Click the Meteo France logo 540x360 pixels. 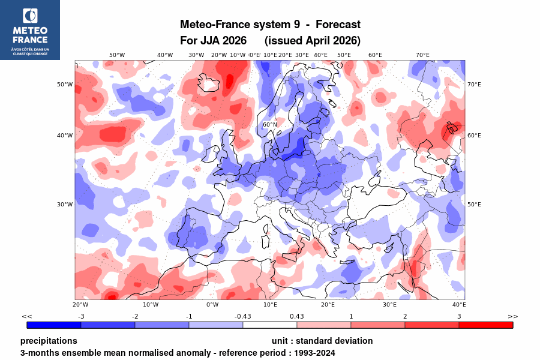tap(30, 29)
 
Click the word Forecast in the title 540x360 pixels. tap(338, 25)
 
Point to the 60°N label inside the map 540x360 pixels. tap(270, 125)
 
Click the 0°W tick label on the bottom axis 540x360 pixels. tap(212, 304)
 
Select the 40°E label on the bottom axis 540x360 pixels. tap(459, 304)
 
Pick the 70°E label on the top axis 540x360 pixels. tap(422, 55)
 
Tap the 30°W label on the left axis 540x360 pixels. tap(65, 204)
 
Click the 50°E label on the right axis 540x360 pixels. tap(474, 204)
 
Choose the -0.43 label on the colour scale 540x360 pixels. tap(243, 316)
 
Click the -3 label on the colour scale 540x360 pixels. tap(81, 316)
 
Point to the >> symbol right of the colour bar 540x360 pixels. tap(512, 316)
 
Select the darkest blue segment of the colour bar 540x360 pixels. tap(54, 325)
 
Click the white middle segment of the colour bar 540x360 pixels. tap(270, 325)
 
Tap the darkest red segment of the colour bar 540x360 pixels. tap(486, 325)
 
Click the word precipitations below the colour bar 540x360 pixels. tap(49, 341)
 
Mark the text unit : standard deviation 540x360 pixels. tap(322, 341)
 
